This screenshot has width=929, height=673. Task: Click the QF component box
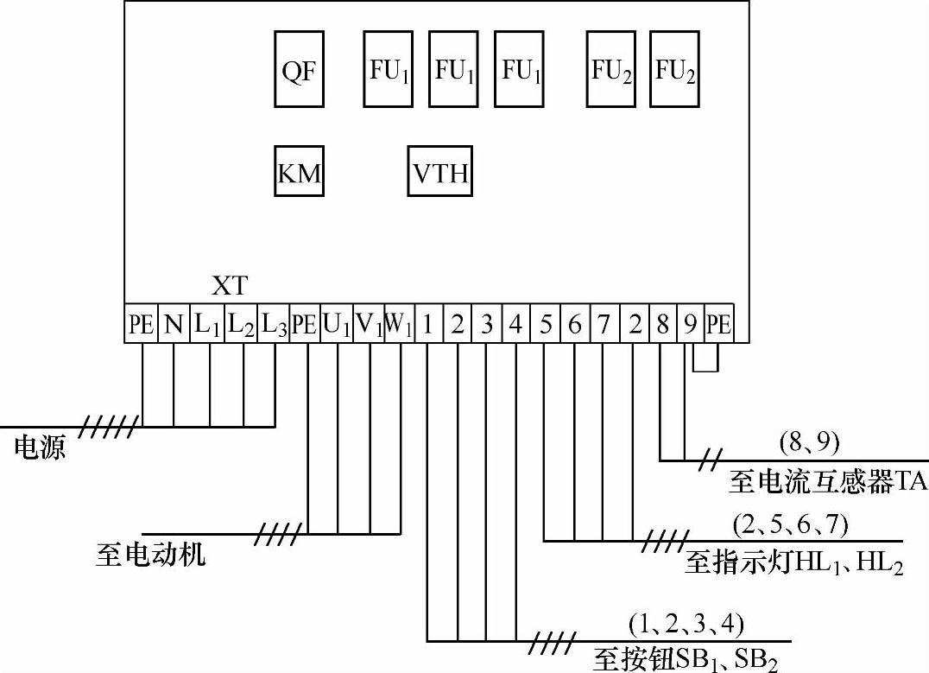click(x=300, y=69)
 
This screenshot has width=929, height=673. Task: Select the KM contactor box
click(x=300, y=173)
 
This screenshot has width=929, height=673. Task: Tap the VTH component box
click(x=440, y=173)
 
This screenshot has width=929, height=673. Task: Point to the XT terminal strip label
click(x=229, y=285)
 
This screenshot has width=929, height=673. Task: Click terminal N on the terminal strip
click(x=174, y=325)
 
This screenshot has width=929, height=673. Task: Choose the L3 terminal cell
click(x=274, y=325)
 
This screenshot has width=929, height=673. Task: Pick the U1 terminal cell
click(x=337, y=325)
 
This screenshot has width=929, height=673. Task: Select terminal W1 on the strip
click(x=398, y=325)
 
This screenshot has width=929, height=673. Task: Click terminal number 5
click(x=545, y=325)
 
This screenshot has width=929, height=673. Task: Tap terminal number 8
click(x=661, y=325)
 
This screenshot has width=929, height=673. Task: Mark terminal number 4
click(x=515, y=325)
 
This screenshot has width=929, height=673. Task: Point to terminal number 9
click(x=690, y=325)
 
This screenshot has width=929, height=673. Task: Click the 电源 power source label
click(x=40, y=447)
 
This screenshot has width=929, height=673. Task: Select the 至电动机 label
click(x=151, y=553)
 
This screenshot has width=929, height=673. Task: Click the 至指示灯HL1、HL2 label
click(x=793, y=564)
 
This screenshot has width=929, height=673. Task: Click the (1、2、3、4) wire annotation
click(x=686, y=622)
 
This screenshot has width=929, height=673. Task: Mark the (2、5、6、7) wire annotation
click(x=791, y=524)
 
